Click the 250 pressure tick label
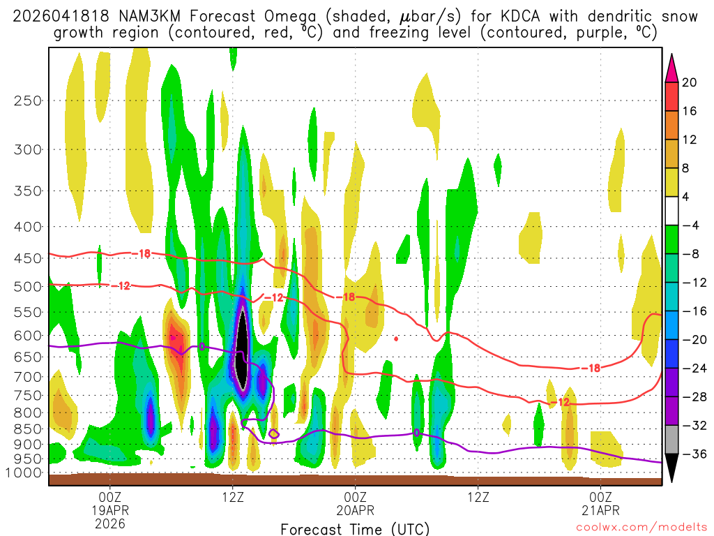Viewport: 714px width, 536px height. click(28, 100)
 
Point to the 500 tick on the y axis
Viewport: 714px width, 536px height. click(28, 286)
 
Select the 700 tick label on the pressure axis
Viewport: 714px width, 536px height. click(28, 377)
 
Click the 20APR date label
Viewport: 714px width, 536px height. click(356, 509)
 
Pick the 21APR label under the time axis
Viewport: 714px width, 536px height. click(601, 509)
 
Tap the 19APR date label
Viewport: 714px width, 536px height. click(110, 509)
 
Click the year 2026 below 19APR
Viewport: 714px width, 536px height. click(110, 523)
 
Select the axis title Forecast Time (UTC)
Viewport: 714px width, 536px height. click(355, 528)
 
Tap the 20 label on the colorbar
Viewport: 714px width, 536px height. click(690, 82)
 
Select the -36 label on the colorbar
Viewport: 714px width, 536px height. click(692, 454)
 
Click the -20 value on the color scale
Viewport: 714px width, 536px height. click(692, 340)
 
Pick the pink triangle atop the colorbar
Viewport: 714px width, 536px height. click(671, 68)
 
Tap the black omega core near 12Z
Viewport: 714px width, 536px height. click(242, 349)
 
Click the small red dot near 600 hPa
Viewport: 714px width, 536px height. click(396, 339)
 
